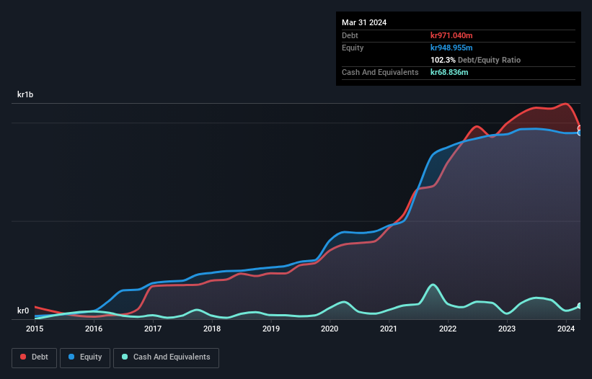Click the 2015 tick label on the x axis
point(35,329)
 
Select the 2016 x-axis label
point(94,329)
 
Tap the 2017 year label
point(153,329)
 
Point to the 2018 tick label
point(212,329)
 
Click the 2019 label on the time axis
point(271,329)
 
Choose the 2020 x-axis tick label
point(330,329)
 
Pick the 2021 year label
point(389,329)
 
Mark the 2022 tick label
point(448,329)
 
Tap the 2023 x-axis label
point(507,329)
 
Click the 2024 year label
point(566,329)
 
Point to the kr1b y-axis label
point(26,95)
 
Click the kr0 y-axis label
point(24,311)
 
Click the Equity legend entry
point(86,357)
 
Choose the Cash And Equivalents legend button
point(166,357)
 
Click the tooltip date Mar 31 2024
point(364,22)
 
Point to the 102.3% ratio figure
point(442,60)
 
